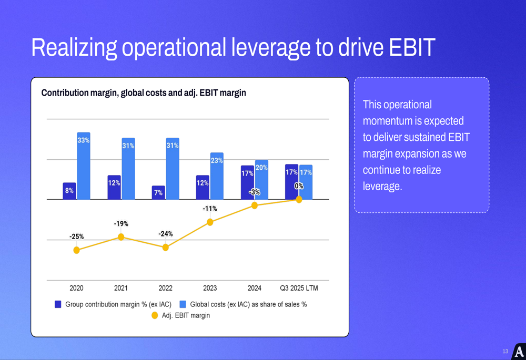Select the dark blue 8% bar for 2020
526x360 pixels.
pos(69,191)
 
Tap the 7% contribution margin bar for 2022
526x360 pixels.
pos(158,192)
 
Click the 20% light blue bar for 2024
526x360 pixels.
pos(261,180)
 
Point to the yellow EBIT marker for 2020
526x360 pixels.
pos(77,250)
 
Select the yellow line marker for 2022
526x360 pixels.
pos(166,248)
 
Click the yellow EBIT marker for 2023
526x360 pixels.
pos(210,222)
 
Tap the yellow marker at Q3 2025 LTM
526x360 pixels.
pos(299,200)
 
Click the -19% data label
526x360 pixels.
pos(121,224)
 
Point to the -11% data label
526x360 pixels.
pos(210,209)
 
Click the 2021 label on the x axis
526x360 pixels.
pos(121,288)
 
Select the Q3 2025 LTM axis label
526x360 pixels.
pos(299,288)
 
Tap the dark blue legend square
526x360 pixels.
pos(58,304)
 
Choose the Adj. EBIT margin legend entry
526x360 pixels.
pos(186,315)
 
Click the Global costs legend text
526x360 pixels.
pos(248,304)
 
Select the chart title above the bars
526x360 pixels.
pos(144,93)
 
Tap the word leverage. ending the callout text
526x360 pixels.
pos(382,187)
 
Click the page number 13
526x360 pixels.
pos(505,351)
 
